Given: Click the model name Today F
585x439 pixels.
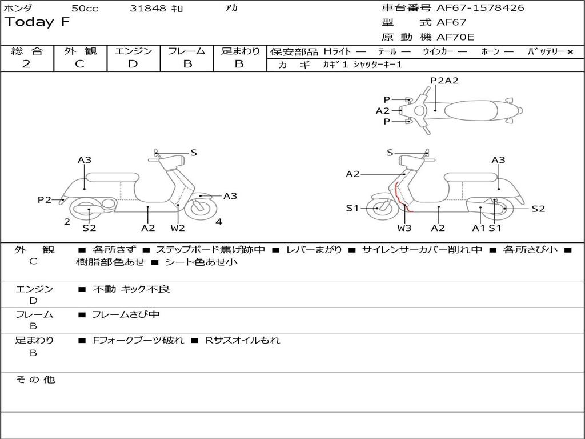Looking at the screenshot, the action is pyautogui.click(x=37, y=22).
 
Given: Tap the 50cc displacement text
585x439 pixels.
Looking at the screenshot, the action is pyautogui.click(x=85, y=9).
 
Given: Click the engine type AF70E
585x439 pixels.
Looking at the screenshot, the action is pyautogui.click(x=455, y=38).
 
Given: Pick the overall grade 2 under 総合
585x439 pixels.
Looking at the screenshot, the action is pyautogui.click(x=26, y=64).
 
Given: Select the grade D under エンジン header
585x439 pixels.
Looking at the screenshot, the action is pyautogui.click(x=133, y=64).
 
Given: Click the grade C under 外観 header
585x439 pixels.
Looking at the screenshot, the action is pyautogui.click(x=79, y=64).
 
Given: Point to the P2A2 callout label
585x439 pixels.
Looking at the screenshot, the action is pyautogui.click(x=444, y=81).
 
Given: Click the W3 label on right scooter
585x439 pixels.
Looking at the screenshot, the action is pyautogui.click(x=404, y=228).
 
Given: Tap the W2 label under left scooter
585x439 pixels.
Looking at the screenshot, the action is pyautogui.click(x=178, y=228).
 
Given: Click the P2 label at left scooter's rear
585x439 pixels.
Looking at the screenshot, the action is pyautogui.click(x=45, y=199).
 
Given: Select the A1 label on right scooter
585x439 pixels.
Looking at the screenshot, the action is pyautogui.click(x=478, y=228).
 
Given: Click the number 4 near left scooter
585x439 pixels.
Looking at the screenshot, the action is pyautogui.click(x=219, y=222).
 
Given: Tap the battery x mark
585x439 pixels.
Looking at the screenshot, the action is pyautogui.click(x=570, y=51).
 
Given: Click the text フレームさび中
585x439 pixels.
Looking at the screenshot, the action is pyautogui.click(x=126, y=314).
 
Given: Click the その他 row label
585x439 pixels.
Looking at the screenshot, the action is pyautogui.click(x=35, y=380).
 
